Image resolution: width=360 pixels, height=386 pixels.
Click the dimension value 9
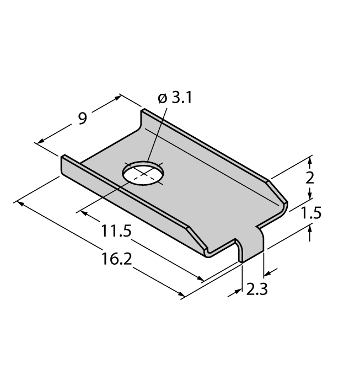pyautogui.click(x=82, y=118)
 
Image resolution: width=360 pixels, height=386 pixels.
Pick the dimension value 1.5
pyautogui.click(x=311, y=213)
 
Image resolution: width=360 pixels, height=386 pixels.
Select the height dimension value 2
pyautogui.click(x=310, y=178)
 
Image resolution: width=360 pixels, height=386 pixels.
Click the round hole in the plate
pyautogui.click(x=143, y=173)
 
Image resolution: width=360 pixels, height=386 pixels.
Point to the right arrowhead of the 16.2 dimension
pyautogui.click(x=180, y=296)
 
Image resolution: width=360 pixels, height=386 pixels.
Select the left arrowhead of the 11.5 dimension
pyautogui.click(x=82, y=210)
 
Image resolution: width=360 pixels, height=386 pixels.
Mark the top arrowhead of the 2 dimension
pyautogui.click(x=310, y=160)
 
